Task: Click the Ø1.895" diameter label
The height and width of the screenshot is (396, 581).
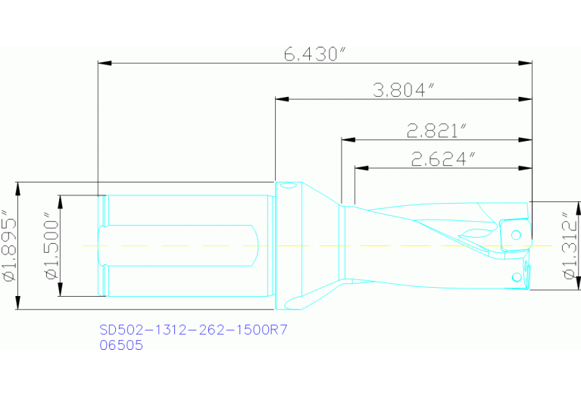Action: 9,245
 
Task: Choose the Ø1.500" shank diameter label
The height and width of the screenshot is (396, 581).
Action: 52,246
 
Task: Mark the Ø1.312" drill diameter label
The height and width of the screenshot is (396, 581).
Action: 570,246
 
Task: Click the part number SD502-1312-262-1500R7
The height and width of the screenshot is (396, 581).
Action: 195,330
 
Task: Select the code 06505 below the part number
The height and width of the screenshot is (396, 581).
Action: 121,345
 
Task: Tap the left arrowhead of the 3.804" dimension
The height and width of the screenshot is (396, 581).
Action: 281,98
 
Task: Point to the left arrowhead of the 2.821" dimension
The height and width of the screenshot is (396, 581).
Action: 347,139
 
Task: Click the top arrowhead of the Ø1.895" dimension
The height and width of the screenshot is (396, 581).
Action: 17,187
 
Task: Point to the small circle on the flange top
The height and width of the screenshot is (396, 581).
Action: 288,187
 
